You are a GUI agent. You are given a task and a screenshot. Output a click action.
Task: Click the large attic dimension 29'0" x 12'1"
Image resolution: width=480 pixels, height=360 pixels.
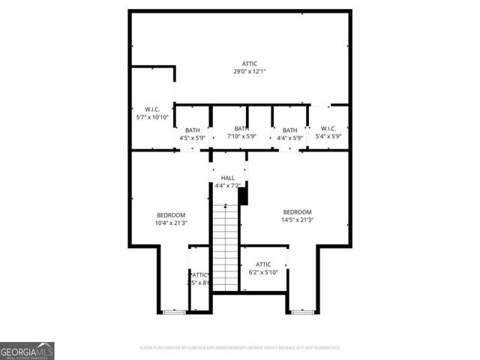click(250, 72)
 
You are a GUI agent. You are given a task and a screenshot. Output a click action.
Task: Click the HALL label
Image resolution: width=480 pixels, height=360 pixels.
click(228, 178)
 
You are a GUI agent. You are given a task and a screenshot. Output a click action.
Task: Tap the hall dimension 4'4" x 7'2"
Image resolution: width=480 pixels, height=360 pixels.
click(228, 185)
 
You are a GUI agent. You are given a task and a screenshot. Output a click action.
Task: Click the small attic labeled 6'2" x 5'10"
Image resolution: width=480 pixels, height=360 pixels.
click(263, 268)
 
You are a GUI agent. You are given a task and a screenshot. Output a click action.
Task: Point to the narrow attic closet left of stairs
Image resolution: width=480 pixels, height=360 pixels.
click(199, 279)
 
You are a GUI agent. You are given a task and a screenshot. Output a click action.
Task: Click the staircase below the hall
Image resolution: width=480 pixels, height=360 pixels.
click(225, 247)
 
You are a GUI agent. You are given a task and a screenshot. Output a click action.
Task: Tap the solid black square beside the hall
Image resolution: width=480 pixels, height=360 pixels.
click(242, 196)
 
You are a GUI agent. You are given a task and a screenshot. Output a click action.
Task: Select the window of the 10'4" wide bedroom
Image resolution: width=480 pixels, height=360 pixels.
click(175, 311)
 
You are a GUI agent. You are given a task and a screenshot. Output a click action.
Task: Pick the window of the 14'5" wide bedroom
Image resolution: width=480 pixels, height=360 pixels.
click(302, 311)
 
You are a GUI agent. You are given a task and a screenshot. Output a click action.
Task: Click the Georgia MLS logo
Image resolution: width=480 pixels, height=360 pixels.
click(27, 350)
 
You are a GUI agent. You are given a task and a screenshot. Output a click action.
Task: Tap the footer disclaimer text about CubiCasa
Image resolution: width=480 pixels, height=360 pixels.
click(240, 348)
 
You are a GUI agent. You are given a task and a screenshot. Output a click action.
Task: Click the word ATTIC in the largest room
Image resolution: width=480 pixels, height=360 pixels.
click(250, 64)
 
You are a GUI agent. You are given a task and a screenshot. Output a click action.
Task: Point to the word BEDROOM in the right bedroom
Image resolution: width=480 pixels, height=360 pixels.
click(297, 211)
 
